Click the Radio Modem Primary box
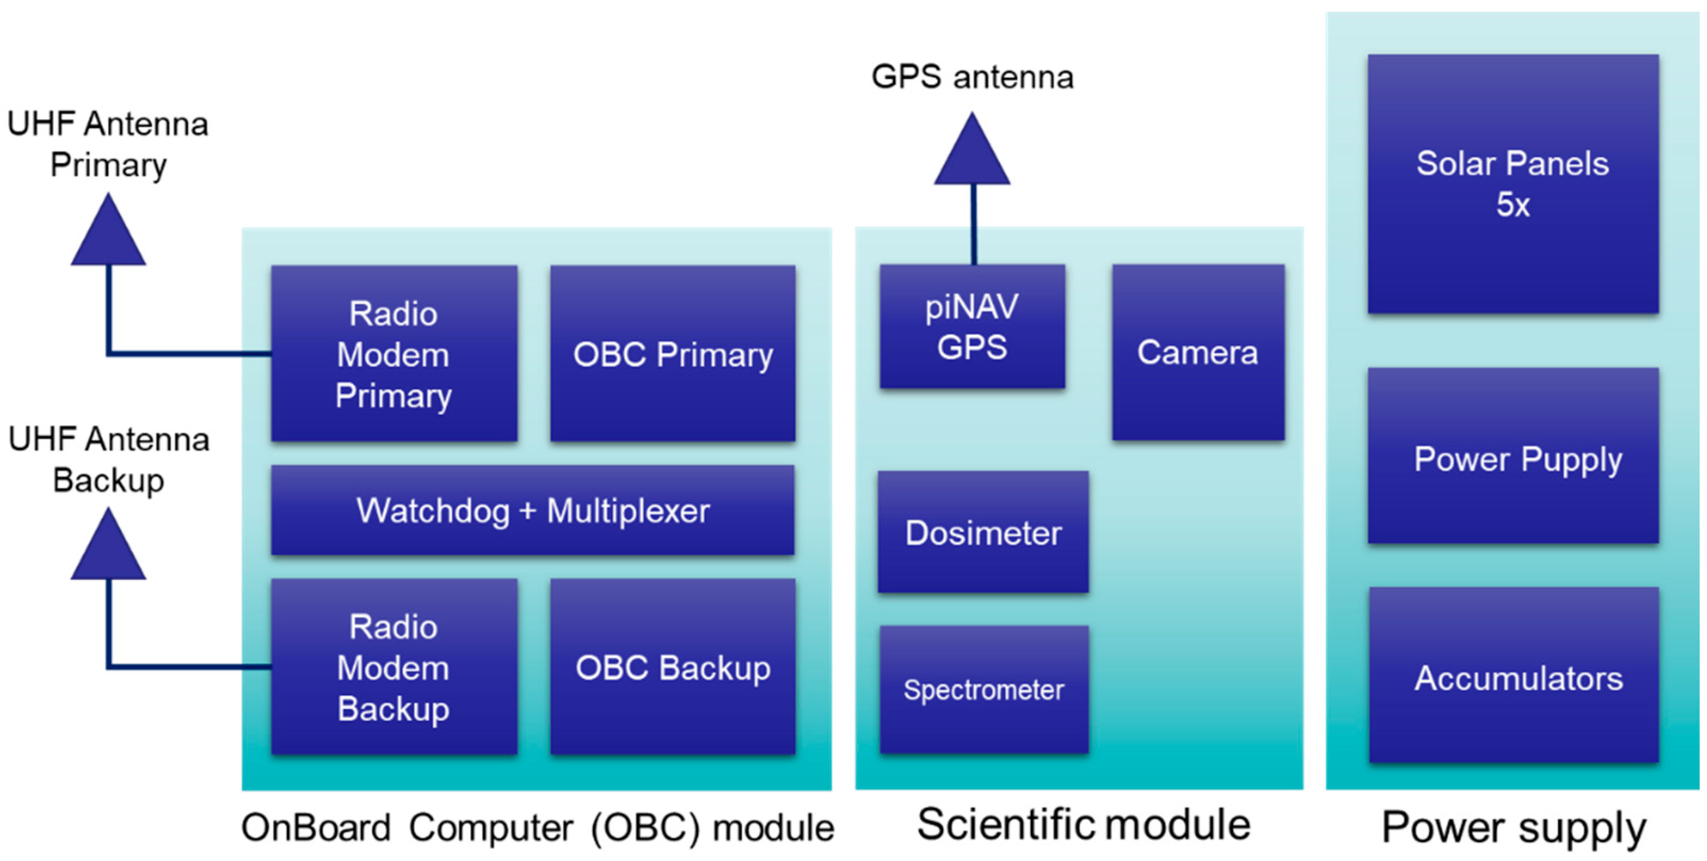click(394, 354)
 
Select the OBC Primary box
click(673, 354)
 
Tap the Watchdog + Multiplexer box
click(532, 510)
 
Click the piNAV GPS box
click(972, 327)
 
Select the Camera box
click(1198, 352)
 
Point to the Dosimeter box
click(983, 532)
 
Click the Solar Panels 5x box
click(1513, 184)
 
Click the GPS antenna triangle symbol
click(972, 152)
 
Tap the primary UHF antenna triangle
click(108, 234)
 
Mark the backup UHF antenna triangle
click(108, 548)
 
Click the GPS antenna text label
click(972, 77)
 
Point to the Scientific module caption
click(1083, 825)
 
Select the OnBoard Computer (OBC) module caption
click(537, 828)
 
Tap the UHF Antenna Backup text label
click(109, 459)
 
